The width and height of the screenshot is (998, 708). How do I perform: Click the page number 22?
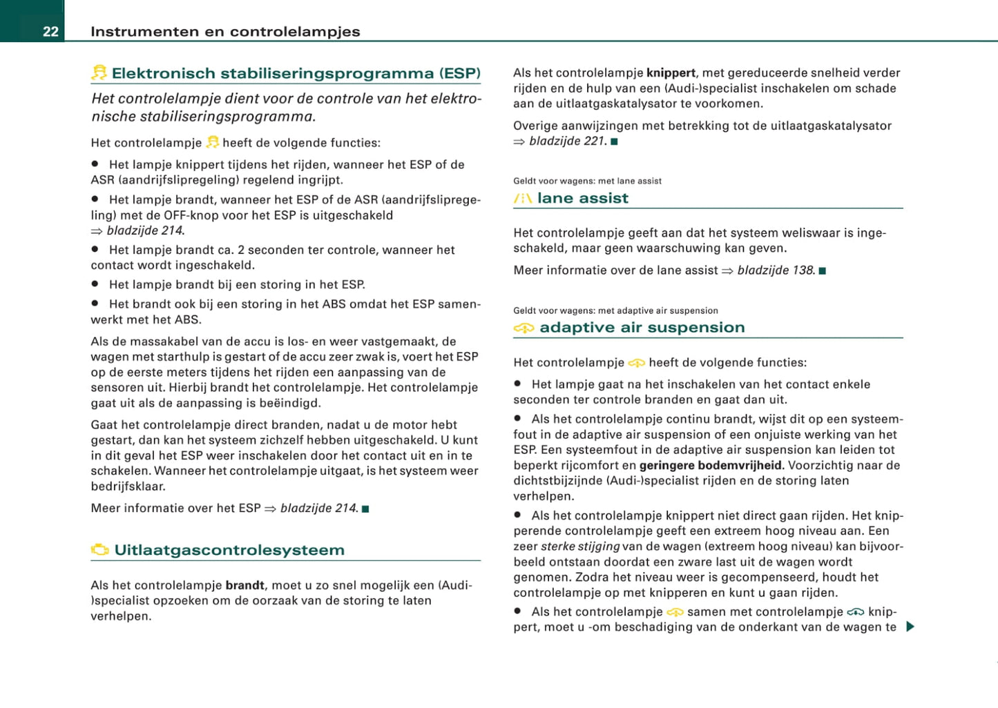click(x=50, y=32)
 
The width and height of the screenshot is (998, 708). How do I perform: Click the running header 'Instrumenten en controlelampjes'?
click(x=225, y=32)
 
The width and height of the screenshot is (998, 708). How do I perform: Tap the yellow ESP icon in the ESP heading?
click(x=99, y=72)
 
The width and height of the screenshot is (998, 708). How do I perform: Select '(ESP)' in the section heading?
click(x=459, y=73)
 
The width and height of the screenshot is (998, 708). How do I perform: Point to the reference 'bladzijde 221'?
click(x=567, y=141)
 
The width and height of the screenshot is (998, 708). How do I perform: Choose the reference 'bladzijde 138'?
click(x=776, y=271)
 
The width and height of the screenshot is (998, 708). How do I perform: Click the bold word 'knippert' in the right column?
click(x=671, y=73)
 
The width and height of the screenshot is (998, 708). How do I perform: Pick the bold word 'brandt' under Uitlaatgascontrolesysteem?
click(x=244, y=585)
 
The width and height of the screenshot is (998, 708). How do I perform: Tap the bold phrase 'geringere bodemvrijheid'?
click(x=710, y=465)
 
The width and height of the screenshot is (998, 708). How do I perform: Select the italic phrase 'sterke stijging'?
click(x=579, y=547)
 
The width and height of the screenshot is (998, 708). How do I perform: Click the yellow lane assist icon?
click(x=523, y=199)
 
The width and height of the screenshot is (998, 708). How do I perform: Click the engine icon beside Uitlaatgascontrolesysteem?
click(x=100, y=550)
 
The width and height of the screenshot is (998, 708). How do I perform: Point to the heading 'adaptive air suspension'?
click(x=642, y=328)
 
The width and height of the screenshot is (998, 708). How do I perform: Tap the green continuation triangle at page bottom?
click(x=910, y=627)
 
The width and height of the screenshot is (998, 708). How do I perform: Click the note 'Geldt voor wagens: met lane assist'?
click(x=587, y=181)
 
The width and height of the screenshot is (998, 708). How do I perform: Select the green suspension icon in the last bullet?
click(x=855, y=612)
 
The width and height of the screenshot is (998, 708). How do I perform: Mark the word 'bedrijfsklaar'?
click(x=128, y=486)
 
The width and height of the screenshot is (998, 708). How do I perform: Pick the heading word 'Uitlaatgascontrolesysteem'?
click(x=229, y=550)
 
